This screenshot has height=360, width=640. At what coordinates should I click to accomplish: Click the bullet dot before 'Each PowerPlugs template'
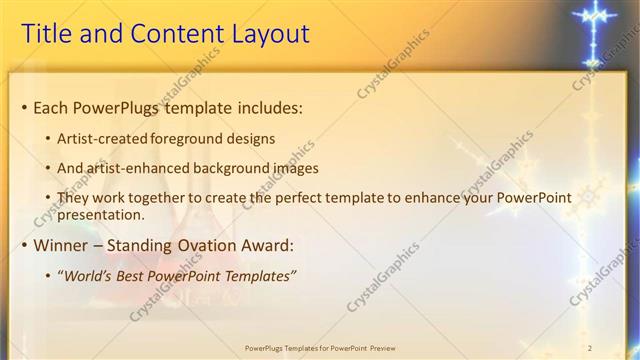(x=24, y=108)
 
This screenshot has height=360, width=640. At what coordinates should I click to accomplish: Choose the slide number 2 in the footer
(x=590, y=348)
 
